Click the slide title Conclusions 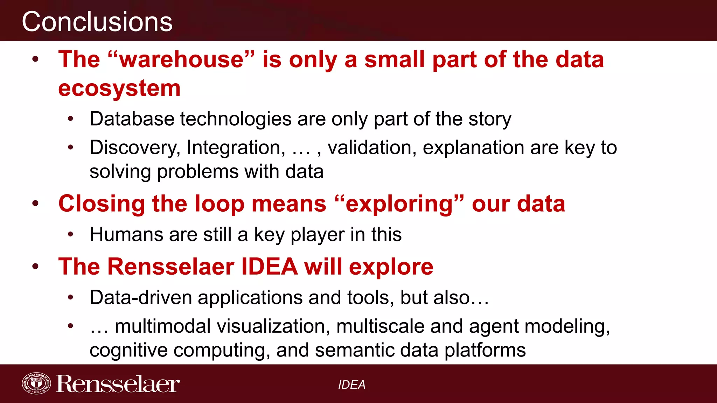point(97,22)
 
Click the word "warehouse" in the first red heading point(181,59)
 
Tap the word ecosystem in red point(119,88)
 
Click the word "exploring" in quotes point(399,204)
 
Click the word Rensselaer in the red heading point(171,267)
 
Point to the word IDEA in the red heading point(270,267)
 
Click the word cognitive point(128,351)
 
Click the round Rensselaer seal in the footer point(36,383)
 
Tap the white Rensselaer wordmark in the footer point(118,384)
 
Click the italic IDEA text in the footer point(351,385)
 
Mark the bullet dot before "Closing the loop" point(35,203)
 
